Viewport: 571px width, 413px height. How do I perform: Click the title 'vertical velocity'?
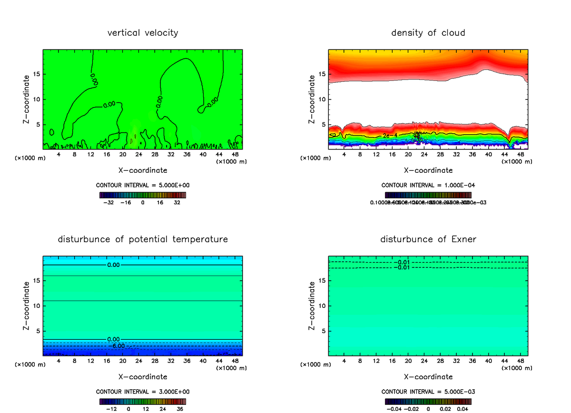[x=143, y=33]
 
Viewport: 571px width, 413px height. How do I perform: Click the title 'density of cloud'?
[x=428, y=33]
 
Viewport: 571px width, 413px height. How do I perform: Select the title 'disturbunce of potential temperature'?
[x=143, y=239]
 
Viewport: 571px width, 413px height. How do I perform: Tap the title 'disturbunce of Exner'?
[x=428, y=239]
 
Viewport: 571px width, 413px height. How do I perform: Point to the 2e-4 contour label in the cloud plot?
[x=389, y=136]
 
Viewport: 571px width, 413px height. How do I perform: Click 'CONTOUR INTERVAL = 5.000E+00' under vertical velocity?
[x=143, y=185]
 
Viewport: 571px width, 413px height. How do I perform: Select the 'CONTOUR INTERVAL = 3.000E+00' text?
[x=143, y=392]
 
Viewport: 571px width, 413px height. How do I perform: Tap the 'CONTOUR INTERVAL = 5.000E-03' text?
[x=428, y=392]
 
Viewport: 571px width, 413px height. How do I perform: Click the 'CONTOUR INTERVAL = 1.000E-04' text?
[x=428, y=185]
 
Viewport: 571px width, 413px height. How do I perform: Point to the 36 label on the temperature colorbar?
[x=179, y=408]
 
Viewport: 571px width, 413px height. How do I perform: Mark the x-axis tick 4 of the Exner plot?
[x=344, y=361]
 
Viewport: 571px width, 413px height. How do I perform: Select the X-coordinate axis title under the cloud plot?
[x=428, y=170]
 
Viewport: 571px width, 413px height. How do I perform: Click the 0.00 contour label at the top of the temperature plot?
[x=113, y=265]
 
